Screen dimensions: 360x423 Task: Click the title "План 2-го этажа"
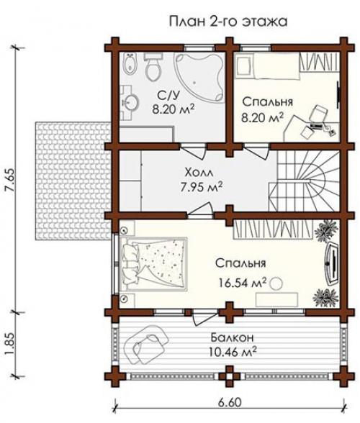[228, 22]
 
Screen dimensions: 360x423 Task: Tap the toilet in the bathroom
[153, 67]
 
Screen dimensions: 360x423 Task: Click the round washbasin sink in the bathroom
[130, 102]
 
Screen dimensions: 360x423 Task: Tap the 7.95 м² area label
[202, 187]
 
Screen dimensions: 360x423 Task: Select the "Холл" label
[199, 172]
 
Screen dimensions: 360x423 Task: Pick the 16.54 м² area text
[243, 283]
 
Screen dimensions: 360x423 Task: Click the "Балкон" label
[232, 337]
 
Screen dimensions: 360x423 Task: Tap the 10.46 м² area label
[233, 352]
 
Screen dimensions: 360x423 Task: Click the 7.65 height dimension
[10, 181]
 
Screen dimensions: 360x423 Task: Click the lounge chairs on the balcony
[145, 344]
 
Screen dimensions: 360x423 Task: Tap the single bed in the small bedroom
[267, 66]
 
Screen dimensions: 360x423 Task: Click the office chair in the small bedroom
[319, 113]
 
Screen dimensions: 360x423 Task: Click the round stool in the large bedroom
[276, 283]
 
